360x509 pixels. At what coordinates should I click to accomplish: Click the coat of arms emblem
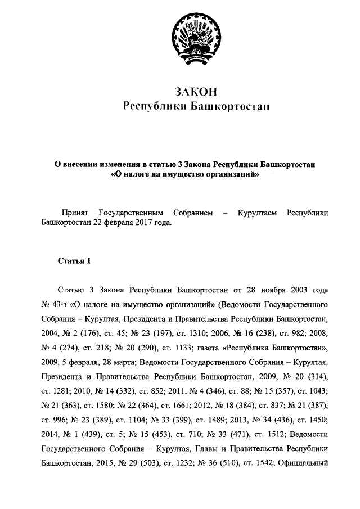coord(192,38)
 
